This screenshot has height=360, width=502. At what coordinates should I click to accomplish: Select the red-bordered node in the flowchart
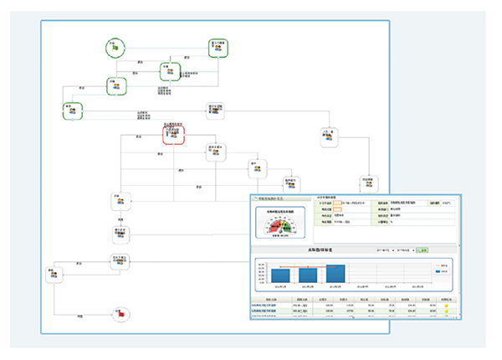coord(172,133)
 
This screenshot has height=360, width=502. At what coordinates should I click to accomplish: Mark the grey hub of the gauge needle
coord(281,231)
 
